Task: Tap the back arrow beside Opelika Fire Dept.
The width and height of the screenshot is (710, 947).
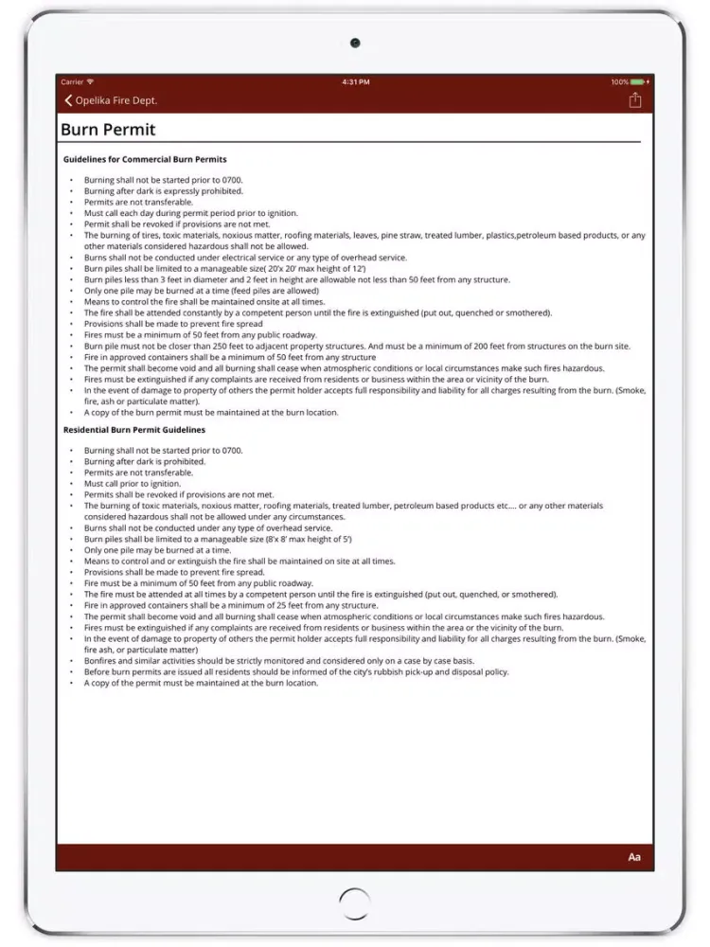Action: click(68, 100)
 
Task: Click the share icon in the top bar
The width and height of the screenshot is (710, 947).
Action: click(635, 100)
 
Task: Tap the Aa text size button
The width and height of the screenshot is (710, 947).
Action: click(634, 857)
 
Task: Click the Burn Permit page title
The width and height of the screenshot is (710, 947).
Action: click(108, 130)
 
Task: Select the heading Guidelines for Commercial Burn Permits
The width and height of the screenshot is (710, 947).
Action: click(145, 159)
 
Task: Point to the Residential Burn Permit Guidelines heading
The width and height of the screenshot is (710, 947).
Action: click(134, 430)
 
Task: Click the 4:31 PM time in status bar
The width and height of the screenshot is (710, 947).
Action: click(356, 82)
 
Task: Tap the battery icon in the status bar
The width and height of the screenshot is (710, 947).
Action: click(638, 82)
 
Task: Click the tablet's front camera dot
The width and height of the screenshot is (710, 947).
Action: click(355, 43)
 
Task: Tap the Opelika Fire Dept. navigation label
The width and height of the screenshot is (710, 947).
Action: click(115, 100)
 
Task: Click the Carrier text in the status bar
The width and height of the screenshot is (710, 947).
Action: click(72, 82)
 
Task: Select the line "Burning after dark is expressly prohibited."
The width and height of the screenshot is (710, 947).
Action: click(164, 191)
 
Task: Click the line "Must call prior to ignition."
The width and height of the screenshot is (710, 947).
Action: click(133, 484)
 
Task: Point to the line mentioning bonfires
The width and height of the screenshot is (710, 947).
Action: click(279, 661)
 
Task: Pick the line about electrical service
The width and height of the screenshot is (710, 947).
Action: click(245, 258)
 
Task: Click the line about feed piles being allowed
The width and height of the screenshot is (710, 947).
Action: click(201, 291)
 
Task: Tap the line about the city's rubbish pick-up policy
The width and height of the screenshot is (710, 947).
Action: click(296, 672)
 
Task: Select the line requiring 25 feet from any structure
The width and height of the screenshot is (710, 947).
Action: click(230, 605)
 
